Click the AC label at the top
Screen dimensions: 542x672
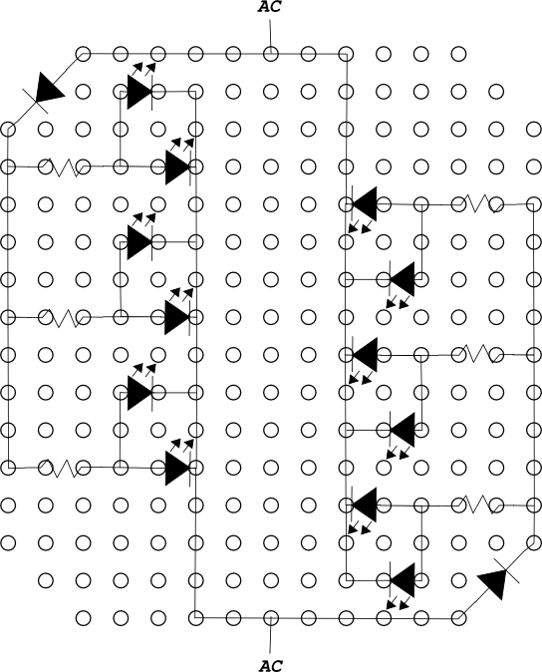tap(270, 7)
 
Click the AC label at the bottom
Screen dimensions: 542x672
tap(271, 666)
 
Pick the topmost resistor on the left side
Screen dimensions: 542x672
tap(64, 167)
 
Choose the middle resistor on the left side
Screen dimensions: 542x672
tap(64, 318)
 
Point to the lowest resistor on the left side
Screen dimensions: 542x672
tap(64, 468)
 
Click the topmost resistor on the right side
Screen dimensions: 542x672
tap(478, 204)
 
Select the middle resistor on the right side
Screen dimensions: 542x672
tap(478, 354)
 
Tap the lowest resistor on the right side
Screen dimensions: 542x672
tap(478, 504)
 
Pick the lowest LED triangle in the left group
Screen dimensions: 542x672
tap(177, 468)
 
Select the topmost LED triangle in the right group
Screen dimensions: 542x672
tap(365, 204)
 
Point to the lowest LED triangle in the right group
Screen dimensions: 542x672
tap(402, 580)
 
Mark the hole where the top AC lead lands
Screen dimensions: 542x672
tap(271, 54)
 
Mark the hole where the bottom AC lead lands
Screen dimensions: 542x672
tap(271, 618)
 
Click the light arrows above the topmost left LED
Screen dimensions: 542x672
tap(143, 68)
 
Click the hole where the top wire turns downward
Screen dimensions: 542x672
tap(346, 54)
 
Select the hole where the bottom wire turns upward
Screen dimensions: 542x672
tap(195, 618)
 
